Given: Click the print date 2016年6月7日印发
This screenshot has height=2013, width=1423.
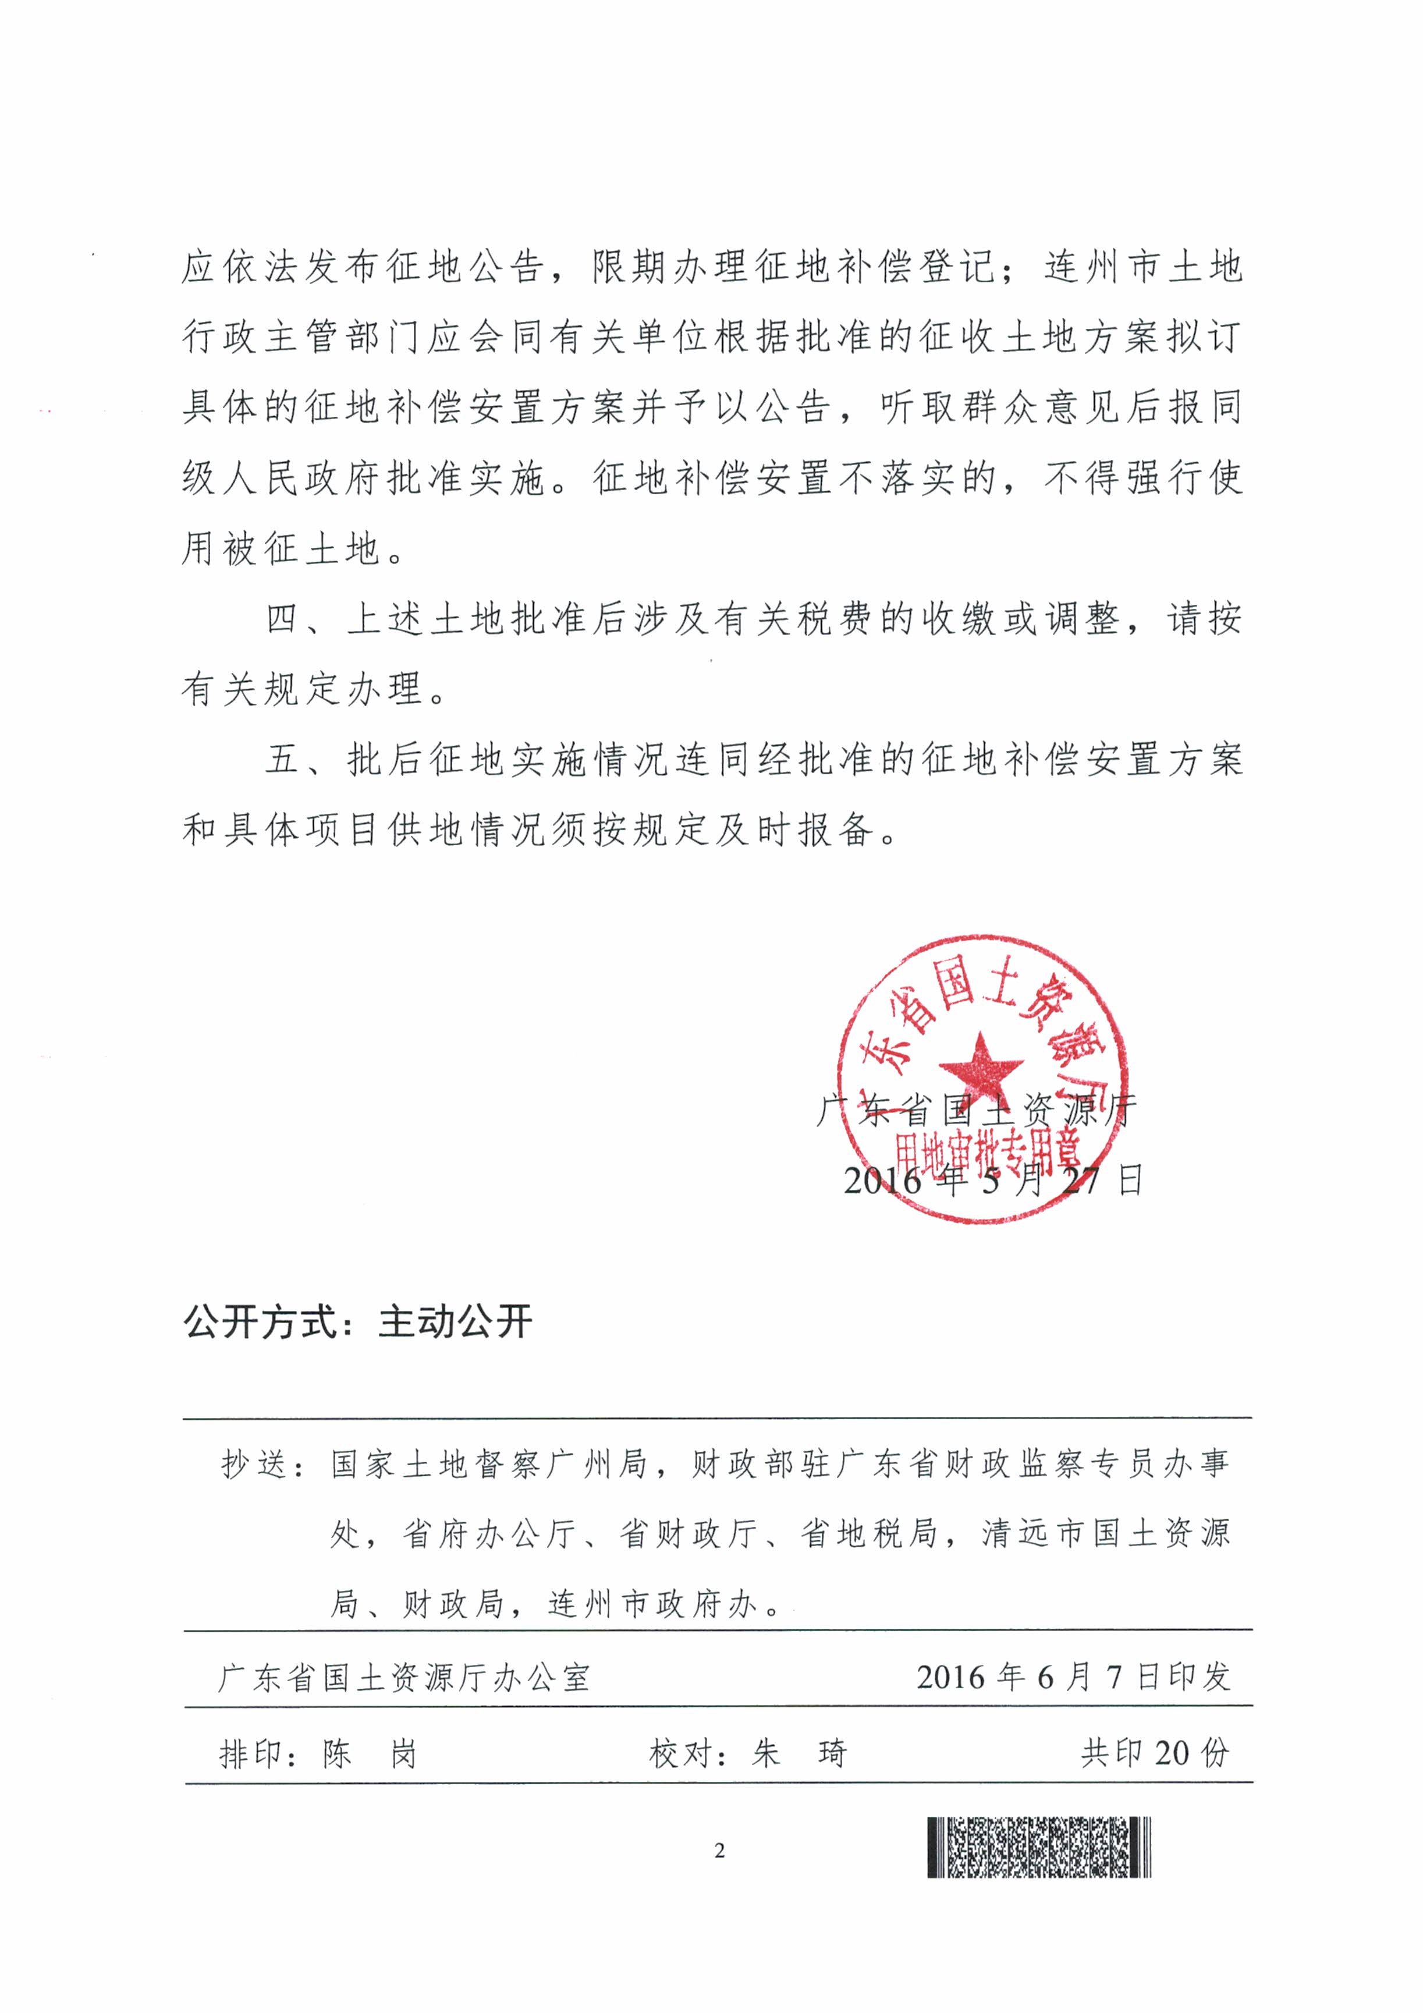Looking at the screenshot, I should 1073,1677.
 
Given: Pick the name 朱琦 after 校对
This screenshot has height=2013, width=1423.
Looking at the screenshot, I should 799,1753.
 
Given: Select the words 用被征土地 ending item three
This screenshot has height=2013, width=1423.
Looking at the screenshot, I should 281,550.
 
